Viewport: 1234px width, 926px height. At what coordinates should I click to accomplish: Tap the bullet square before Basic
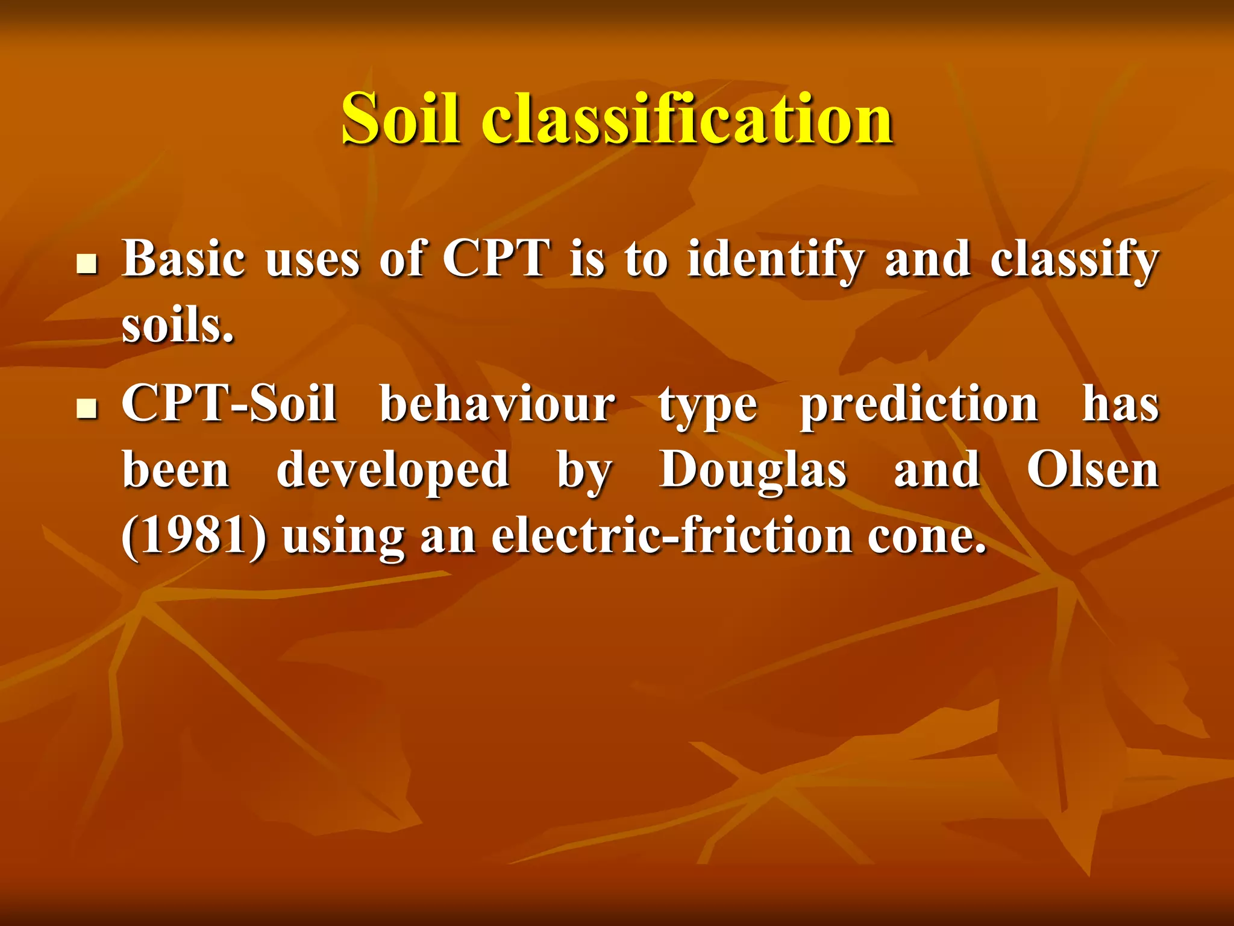tap(88, 263)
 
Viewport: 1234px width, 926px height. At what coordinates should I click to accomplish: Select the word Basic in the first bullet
tap(184, 259)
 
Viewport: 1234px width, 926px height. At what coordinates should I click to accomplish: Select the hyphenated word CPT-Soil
tap(229, 404)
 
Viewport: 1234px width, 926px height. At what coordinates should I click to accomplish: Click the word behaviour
tap(498, 404)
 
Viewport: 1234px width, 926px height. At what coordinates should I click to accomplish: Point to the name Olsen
tap(1092, 470)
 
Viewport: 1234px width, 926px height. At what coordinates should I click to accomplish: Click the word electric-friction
tap(672, 537)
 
